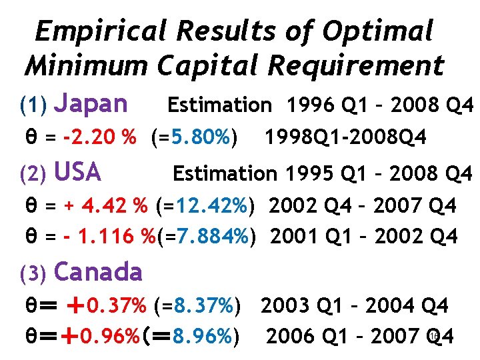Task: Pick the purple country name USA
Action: (77, 173)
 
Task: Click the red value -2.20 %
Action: (100, 137)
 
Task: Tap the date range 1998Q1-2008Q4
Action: (345, 137)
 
